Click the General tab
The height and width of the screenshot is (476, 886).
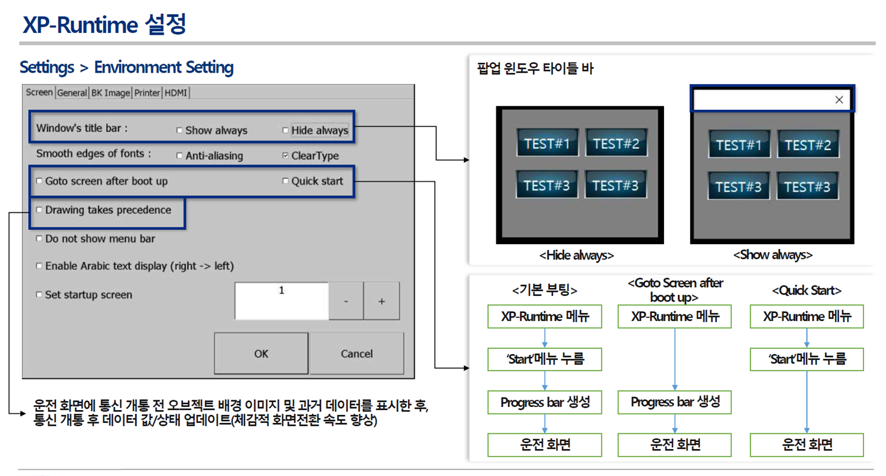pos(72,93)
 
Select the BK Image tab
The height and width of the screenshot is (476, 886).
pos(110,93)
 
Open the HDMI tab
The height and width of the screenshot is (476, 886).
pos(176,93)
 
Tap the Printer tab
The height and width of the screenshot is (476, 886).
pos(147,93)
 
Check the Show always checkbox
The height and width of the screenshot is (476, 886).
pos(179,130)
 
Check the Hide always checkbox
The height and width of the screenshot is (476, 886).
pos(285,130)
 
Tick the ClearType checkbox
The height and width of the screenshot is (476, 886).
pos(285,156)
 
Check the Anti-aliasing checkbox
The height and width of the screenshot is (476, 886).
pos(179,156)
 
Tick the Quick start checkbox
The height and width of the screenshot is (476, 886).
pos(285,181)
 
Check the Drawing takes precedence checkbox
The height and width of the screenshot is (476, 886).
pos(40,210)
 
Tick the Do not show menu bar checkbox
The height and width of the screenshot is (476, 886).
pos(40,239)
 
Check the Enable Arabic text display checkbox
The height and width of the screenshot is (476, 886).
pos(40,266)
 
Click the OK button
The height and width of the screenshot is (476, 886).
pos(261,353)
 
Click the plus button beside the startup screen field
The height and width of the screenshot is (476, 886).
pos(382,301)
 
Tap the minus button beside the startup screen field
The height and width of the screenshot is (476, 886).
pos(346,301)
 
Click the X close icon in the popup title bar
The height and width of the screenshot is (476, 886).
pos(839,100)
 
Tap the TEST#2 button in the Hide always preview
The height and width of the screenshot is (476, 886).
pos(616,143)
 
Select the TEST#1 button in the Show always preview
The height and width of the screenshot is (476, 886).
pos(738,145)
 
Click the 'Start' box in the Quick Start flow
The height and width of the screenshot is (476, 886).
pos(807,359)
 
